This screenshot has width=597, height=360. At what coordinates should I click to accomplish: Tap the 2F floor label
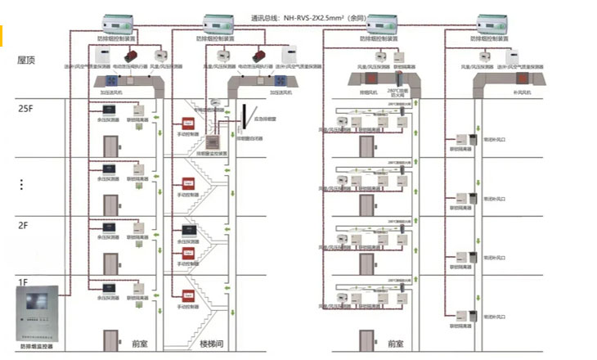tap(25, 225)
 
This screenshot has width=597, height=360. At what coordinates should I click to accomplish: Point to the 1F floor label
tap(24, 281)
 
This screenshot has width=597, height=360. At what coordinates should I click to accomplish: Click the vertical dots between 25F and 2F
tap(21, 185)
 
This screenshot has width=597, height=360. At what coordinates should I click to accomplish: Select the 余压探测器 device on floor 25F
tap(106, 111)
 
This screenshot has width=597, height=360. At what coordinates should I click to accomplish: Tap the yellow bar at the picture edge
tap(2, 35)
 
